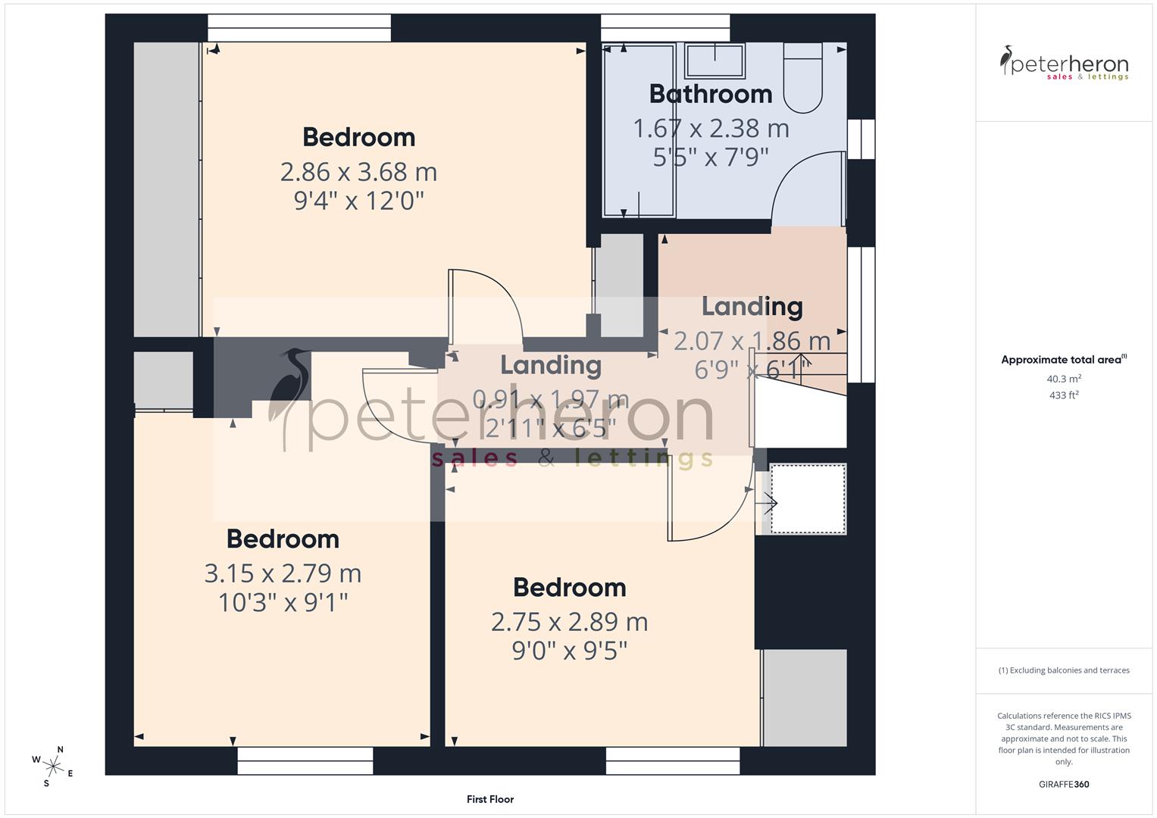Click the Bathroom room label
[710, 94]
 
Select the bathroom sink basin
[715, 61]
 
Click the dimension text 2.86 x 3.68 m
[358, 172]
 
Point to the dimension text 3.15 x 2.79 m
[283, 573]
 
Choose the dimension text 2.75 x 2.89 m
[569, 622]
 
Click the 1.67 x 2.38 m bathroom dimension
[710, 129]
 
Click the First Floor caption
[490, 799]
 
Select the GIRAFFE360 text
[1064, 785]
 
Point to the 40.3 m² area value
[1064, 379]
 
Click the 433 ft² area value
[1064, 395]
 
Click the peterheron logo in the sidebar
[1064, 64]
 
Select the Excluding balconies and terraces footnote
[1064, 670]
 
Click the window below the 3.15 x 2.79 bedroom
[305, 760]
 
